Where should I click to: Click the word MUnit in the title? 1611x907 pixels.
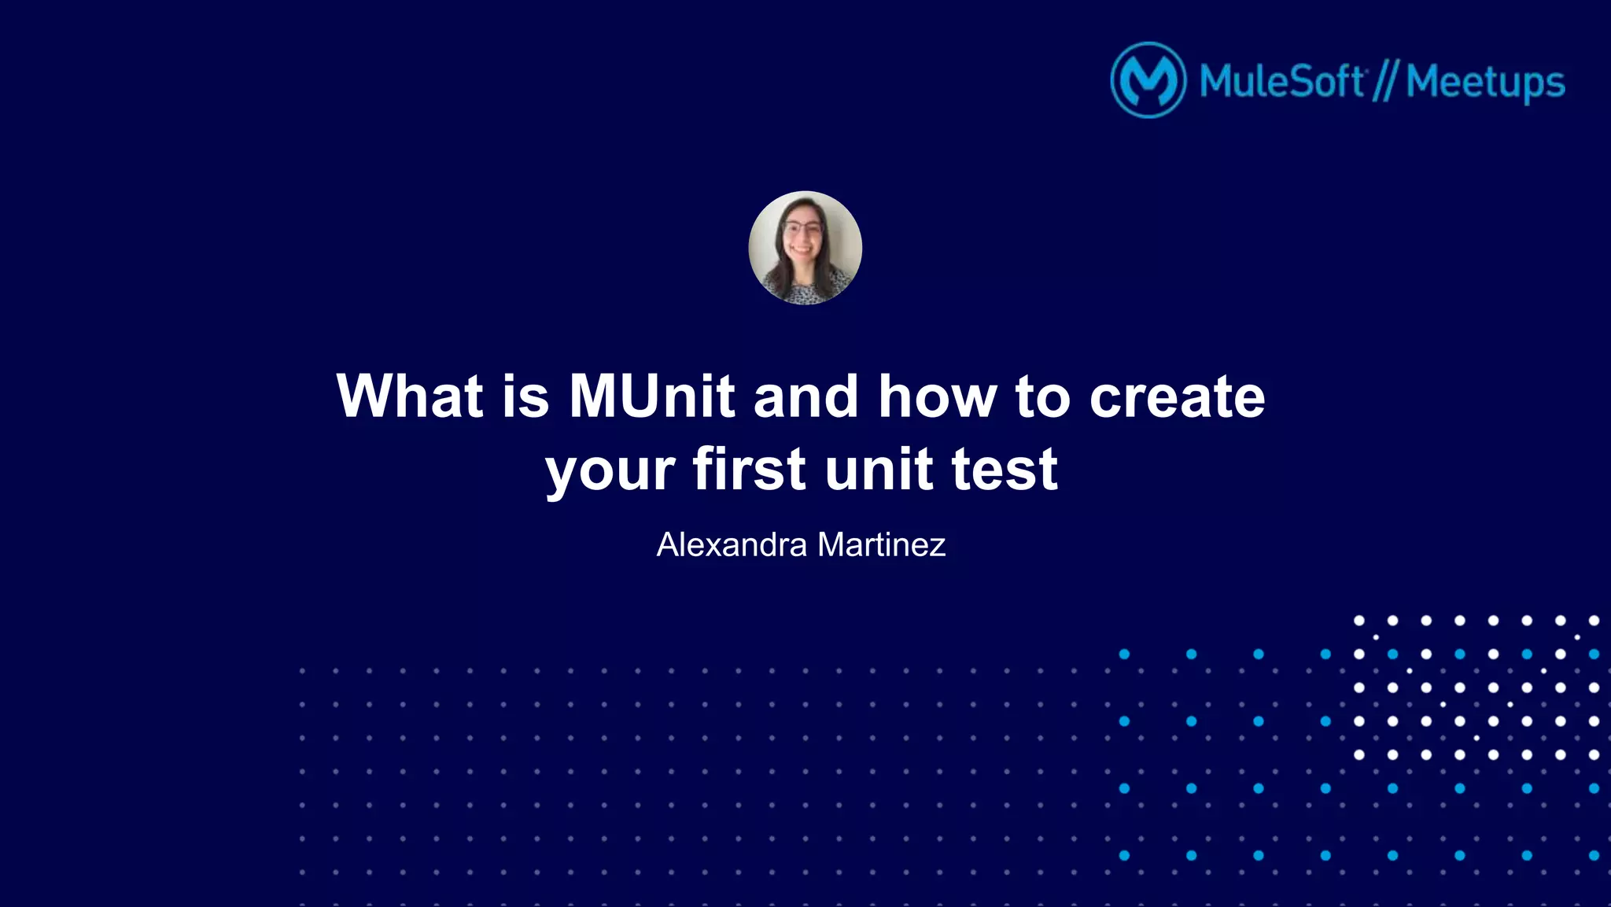651,396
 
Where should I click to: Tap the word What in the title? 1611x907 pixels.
409,396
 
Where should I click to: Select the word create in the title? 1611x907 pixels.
1177,396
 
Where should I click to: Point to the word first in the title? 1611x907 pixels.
749,470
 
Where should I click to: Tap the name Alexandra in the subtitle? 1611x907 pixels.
732,544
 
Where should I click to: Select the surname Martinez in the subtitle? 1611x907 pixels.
881,544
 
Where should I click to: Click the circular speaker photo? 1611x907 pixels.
805,248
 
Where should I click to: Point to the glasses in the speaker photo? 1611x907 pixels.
802,229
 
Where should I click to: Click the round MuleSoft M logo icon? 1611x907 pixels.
1148,80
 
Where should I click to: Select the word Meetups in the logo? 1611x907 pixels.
1485,83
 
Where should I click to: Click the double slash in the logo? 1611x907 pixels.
1384,82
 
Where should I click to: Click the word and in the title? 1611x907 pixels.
805,396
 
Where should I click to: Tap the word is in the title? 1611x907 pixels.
525,396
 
